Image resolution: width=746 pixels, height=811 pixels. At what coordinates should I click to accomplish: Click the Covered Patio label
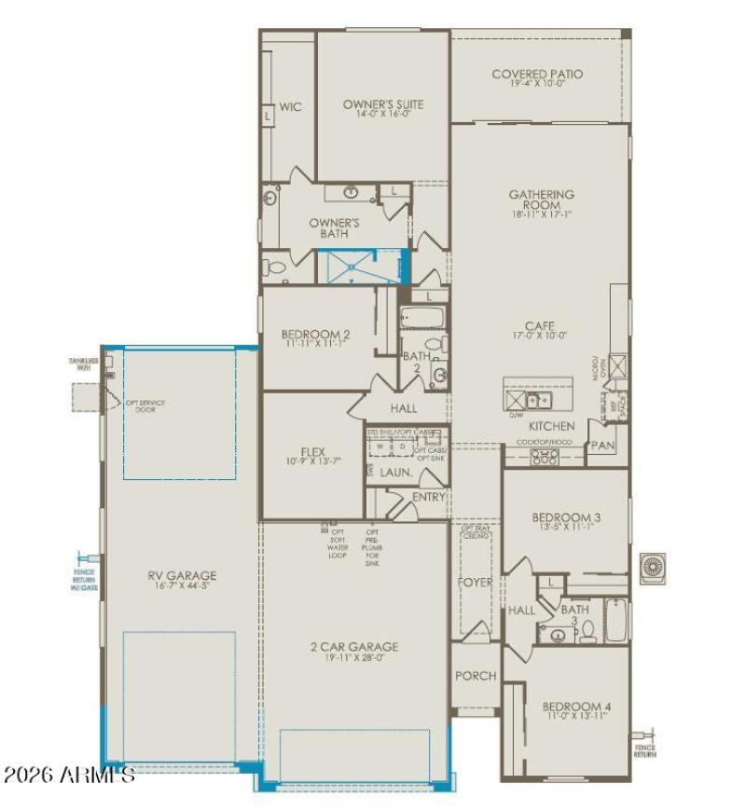coord(537,74)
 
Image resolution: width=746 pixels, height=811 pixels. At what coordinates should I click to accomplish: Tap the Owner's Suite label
coord(382,104)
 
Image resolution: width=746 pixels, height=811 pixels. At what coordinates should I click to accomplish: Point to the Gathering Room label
coord(541,199)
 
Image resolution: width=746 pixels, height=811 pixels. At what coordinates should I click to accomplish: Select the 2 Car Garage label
coord(354,646)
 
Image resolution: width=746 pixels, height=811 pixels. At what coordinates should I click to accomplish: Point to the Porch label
coord(475,676)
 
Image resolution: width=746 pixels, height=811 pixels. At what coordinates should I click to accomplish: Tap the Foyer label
coord(475,583)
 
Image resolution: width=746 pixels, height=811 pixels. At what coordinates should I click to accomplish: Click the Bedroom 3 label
coord(566,518)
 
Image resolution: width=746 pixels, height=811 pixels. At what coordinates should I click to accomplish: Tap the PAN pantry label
coord(602,446)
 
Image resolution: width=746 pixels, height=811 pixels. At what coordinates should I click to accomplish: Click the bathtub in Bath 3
coord(615,621)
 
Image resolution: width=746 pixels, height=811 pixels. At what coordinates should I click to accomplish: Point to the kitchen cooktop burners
coord(544,457)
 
